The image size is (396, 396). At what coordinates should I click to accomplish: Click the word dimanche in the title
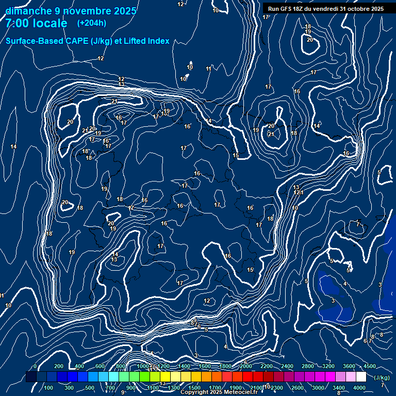(27, 11)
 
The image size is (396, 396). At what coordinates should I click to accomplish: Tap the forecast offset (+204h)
(91, 23)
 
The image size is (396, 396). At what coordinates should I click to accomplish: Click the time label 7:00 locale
(36, 23)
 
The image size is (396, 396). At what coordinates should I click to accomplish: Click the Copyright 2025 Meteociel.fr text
(219, 392)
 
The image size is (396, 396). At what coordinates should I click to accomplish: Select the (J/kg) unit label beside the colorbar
(382, 377)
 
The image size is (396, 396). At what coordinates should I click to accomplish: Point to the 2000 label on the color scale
(245, 366)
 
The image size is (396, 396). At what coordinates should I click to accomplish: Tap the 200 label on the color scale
(59, 366)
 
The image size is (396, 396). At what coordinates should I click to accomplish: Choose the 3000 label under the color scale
(318, 388)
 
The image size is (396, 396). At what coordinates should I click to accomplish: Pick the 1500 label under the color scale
(194, 388)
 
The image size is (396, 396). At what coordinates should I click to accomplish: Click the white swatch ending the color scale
(361, 377)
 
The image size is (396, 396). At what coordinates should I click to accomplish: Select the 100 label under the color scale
(48, 388)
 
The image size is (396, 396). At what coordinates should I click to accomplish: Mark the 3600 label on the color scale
(349, 366)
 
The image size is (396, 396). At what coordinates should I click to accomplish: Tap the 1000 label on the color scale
(142, 366)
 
